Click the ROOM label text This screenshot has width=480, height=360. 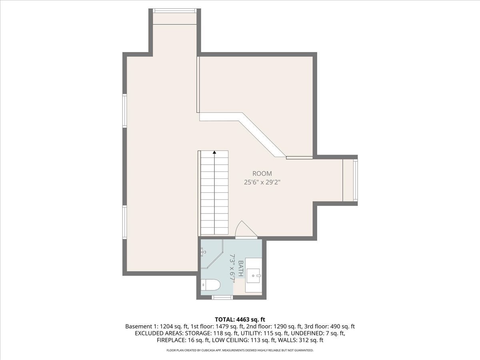[262, 174]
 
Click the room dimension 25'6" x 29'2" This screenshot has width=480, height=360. [262, 182]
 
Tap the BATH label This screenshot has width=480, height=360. [240, 268]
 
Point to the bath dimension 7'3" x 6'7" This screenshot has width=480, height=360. [232, 269]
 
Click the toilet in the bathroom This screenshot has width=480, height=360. [210, 285]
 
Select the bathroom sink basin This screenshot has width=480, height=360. [253, 276]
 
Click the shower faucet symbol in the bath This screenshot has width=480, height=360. [203, 252]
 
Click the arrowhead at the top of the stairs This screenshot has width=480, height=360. [214, 152]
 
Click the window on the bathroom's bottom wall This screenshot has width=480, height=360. [222, 297]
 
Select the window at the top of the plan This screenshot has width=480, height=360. [174, 11]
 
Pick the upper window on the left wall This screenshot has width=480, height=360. [124, 111]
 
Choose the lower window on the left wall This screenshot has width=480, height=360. [124, 222]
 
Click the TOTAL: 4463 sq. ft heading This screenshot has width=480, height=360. [240, 320]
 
